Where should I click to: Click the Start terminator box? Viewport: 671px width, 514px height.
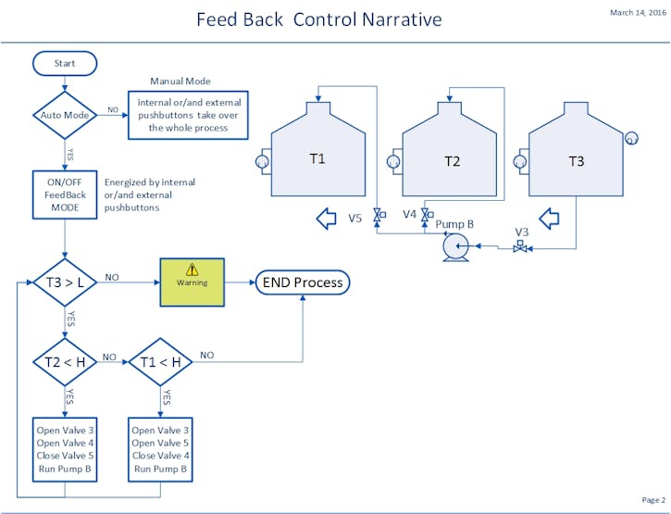[65, 64]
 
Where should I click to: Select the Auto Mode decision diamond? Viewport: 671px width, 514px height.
[65, 116]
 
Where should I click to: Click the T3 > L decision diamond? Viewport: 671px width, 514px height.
[65, 277]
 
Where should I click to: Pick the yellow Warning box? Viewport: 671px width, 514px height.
[193, 282]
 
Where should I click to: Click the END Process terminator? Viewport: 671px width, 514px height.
[303, 282]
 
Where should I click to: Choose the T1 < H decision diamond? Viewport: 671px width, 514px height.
[160, 361]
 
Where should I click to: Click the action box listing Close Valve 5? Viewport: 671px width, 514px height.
[66, 449]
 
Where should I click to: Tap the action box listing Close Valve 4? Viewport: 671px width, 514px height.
[160, 449]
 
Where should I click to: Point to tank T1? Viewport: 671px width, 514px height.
[317, 158]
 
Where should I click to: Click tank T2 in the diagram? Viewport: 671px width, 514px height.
[451, 158]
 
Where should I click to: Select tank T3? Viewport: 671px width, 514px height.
[576, 158]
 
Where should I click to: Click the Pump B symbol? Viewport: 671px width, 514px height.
[454, 247]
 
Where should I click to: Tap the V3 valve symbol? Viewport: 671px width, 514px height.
[521, 247]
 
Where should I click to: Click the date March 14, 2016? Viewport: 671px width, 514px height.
[637, 13]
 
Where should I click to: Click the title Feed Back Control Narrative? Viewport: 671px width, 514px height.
[319, 19]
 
